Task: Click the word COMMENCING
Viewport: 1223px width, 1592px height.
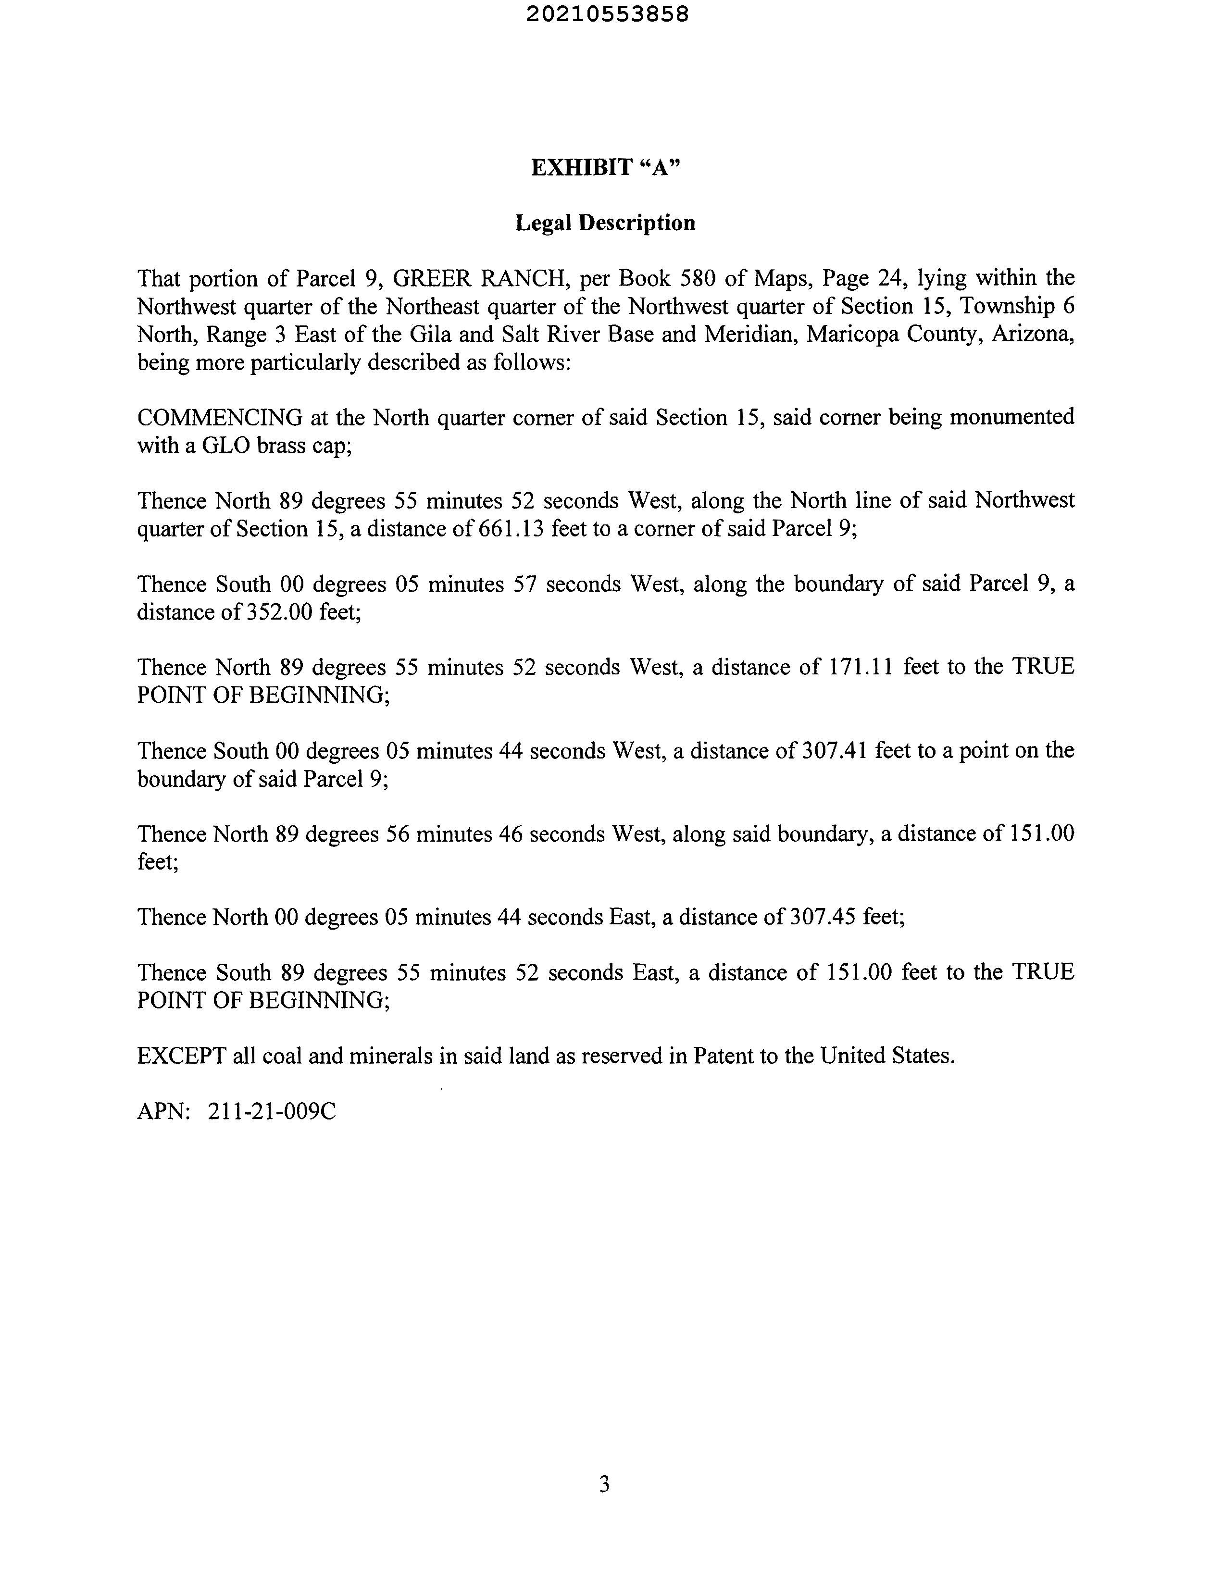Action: tap(220, 418)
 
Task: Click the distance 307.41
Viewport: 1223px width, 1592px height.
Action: tap(834, 750)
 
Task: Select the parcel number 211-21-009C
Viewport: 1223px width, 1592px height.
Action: tap(272, 1111)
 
